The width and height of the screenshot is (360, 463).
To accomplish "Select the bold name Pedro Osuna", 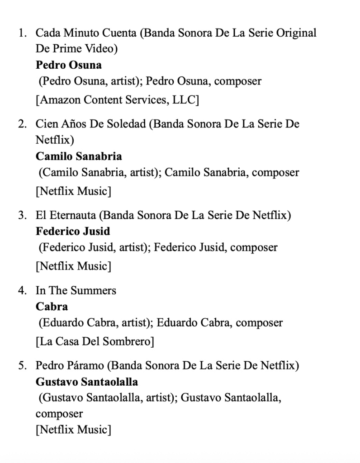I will (69, 65).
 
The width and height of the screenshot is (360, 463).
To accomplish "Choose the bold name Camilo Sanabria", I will (79, 156).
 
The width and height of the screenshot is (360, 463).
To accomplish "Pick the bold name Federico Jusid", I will (73, 231).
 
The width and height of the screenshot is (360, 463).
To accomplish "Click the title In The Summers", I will (76, 290).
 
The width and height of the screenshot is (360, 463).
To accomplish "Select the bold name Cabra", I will (52, 306).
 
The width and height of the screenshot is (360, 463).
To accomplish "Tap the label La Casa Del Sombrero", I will (95, 341).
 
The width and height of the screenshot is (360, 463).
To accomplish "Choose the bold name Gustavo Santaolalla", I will (87, 382).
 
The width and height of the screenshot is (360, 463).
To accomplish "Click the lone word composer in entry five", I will (59, 414).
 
